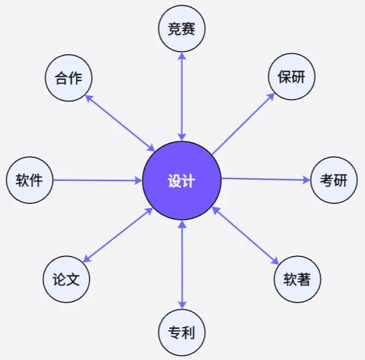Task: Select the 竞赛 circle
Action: (x=182, y=28)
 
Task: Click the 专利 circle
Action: (x=182, y=332)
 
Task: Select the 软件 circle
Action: (x=29, y=180)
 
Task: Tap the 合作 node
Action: (x=69, y=78)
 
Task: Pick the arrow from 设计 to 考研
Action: (x=266, y=179)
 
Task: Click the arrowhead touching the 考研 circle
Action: (x=307, y=180)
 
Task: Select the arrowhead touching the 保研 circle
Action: (x=271, y=96)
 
